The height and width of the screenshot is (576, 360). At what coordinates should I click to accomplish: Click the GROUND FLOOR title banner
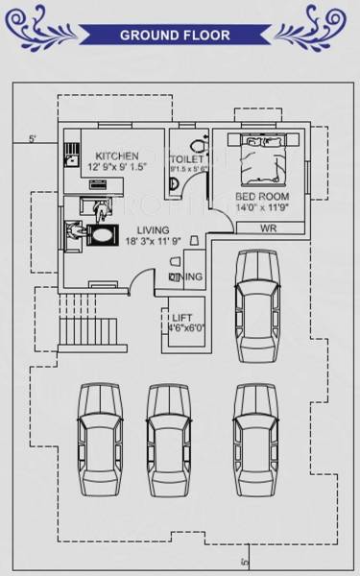point(175,36)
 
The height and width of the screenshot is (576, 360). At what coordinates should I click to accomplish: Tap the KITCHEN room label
point(116,156)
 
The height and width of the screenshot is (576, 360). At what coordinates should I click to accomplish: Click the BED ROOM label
point(262,197)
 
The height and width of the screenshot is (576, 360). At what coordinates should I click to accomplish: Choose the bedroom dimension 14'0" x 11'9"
point(263,207)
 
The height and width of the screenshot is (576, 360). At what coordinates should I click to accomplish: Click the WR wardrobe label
point(270,228)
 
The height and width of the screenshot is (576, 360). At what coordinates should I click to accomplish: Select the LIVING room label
point(153,230)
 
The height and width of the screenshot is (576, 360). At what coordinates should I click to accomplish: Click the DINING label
point(185,277)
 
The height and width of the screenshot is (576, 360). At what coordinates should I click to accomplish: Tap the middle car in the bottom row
point(164,440)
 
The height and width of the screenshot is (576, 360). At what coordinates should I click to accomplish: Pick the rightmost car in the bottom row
point(253,440)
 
